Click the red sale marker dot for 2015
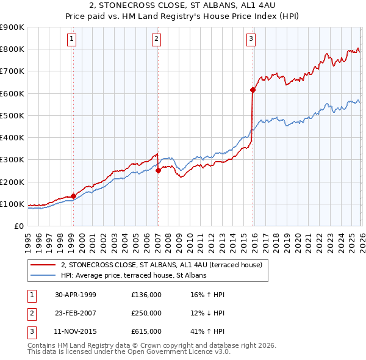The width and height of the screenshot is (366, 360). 253,90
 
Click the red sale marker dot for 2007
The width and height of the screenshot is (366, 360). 158,171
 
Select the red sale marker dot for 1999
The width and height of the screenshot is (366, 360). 73,196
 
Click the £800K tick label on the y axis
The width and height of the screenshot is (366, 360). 12,49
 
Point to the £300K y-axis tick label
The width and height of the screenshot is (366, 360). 12,160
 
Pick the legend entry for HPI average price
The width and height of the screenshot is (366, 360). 134,275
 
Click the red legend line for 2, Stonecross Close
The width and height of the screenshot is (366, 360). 44,265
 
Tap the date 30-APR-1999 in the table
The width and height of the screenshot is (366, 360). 76,295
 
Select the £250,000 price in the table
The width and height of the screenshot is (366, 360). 146,314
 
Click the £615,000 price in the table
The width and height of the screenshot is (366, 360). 146,333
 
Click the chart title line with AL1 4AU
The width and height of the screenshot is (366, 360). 182,7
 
